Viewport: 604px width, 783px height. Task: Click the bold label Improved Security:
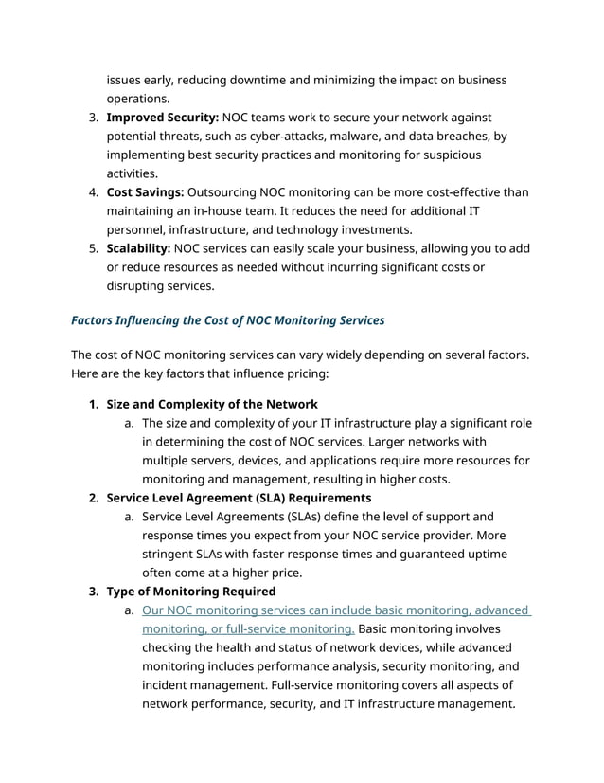(x=162, y=117)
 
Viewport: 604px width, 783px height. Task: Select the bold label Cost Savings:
(x=145, y=192)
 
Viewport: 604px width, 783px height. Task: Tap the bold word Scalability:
(x=138, y=248)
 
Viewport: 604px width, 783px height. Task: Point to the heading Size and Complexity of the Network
(x=212, y=405)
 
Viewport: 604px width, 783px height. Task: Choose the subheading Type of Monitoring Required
(x=191, y=592)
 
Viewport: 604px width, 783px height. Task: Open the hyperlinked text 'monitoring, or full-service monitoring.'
(x=248, y=628)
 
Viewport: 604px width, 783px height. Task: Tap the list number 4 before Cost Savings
(x=94, y=192)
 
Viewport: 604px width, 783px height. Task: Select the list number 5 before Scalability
(x=94, y=248)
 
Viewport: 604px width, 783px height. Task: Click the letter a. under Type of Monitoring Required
(x=129, y=610)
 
